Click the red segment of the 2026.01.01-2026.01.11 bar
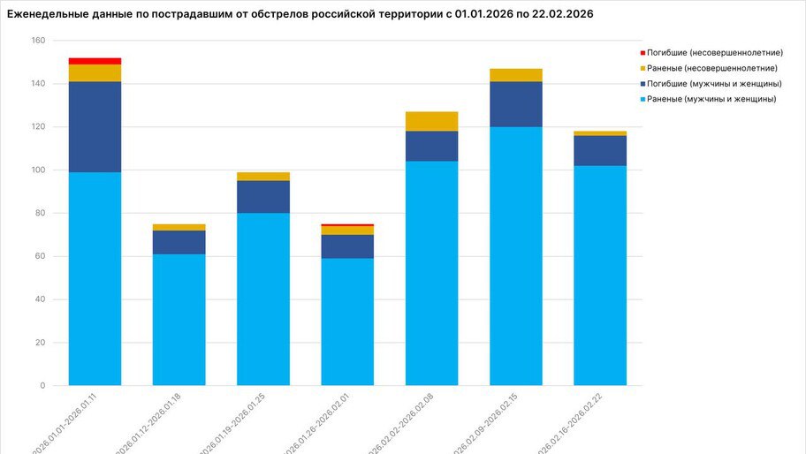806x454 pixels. pos(95,61)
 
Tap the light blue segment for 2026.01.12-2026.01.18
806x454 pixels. pos(179,320)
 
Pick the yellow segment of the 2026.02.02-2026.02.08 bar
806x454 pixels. pos(431,121)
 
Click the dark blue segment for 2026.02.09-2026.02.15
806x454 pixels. pos(515,104)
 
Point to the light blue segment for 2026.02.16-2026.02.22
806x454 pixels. pos(599,276)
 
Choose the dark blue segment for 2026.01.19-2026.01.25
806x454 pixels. pos(262,197)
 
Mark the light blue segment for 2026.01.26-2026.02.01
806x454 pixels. pos(347,322)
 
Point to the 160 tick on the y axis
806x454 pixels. pos(37,41)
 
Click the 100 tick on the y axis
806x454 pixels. pos(37,170)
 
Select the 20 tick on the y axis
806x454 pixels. pos(40,343)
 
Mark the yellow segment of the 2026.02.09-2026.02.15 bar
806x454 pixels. pos(515,75)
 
